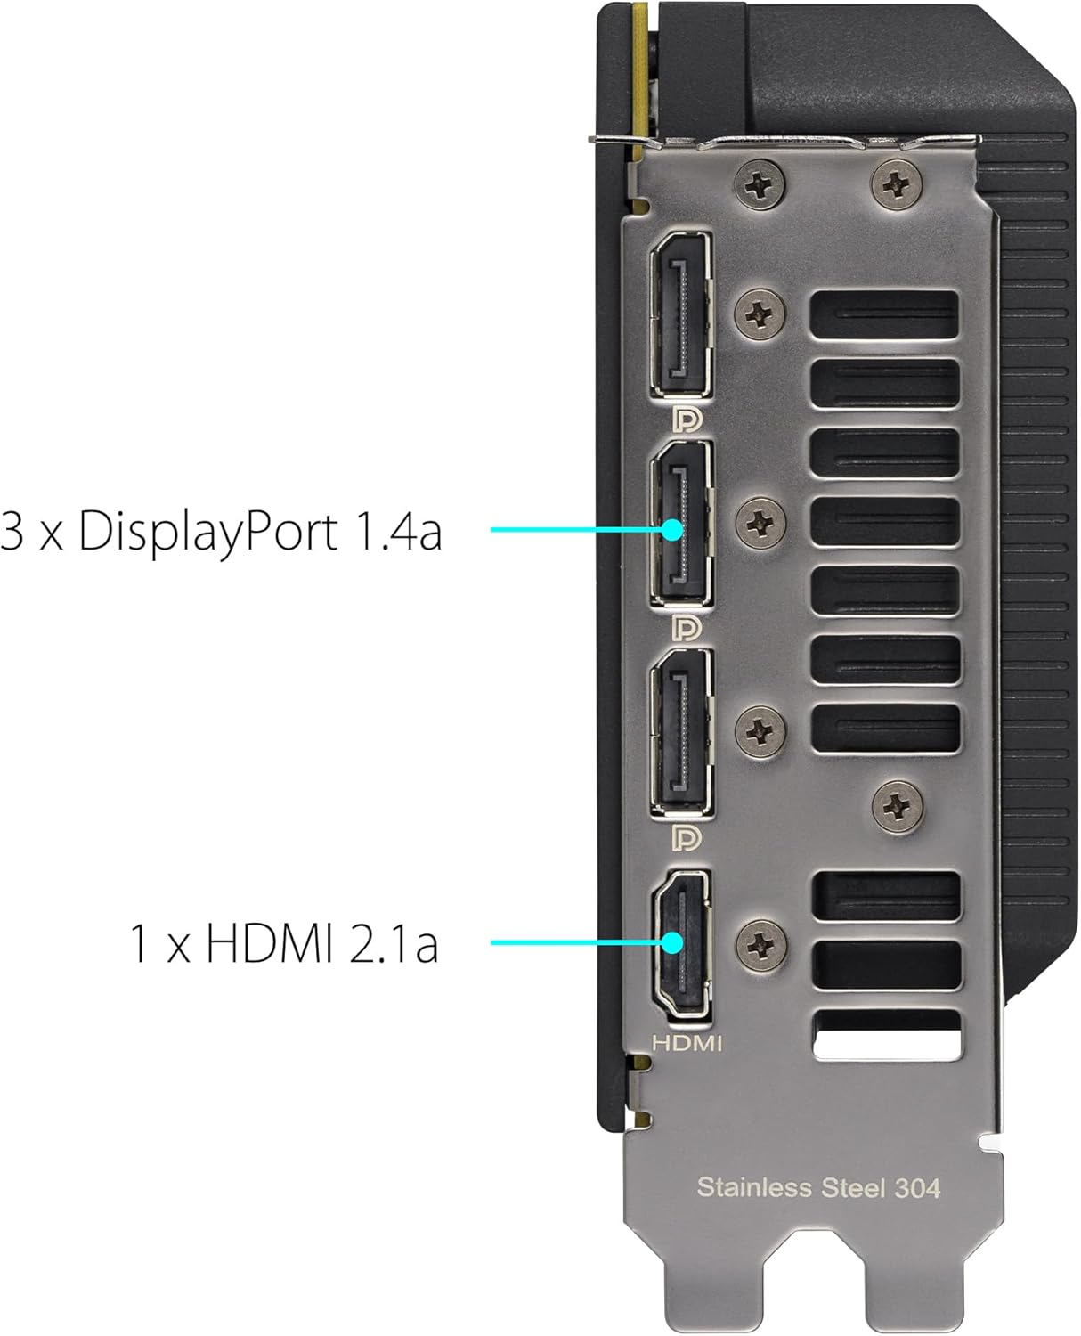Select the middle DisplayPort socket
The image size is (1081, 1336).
[681, 523]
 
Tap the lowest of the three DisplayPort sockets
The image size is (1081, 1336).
[681, 732]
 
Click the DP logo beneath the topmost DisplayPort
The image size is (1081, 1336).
[687, 419]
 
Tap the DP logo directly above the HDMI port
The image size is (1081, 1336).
[687, 837]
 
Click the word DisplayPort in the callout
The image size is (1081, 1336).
[208, 531]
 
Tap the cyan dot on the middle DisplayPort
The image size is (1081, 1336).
[672, 530]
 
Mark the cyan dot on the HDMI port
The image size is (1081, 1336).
[672, 942]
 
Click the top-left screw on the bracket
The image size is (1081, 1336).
[760, 184]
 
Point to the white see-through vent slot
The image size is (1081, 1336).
[888, 1034]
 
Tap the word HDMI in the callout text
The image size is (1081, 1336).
[270, 943]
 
